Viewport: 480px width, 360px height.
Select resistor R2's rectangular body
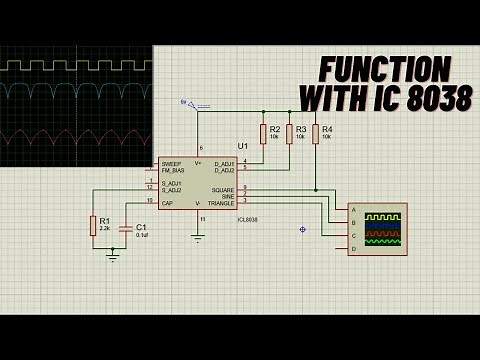(x=264, y=134)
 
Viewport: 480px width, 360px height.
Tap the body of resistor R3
(x=290, y=134)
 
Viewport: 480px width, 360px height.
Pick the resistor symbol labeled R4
(x=315, y=134)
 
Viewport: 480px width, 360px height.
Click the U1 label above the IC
(x=243, y=146)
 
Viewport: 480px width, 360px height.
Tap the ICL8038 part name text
(x=248, y=219)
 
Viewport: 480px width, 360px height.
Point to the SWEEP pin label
(x=171, y=163)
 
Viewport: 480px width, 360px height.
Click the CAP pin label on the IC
(x=167, y=202)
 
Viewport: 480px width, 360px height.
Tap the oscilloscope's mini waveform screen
(x=383, y=229)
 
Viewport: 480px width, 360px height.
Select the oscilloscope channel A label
(x=353, y=210)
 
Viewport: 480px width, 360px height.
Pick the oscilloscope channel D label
(x=353, y=247)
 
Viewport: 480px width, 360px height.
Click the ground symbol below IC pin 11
(x=199, y=238)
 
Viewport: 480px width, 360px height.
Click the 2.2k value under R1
(x=105, y=229)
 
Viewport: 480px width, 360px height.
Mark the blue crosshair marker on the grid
(x=302, y=229)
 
